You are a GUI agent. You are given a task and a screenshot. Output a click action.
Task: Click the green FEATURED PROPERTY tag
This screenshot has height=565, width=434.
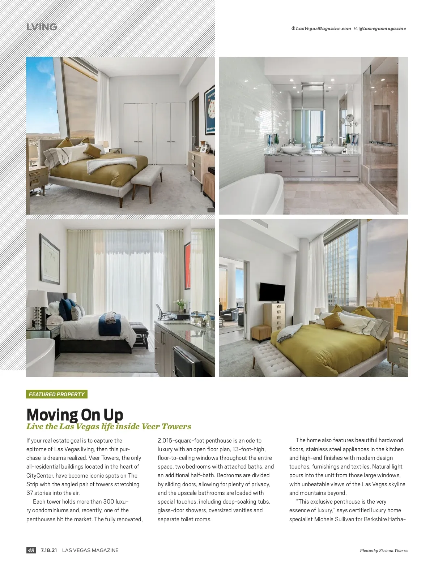[x=56, y=394]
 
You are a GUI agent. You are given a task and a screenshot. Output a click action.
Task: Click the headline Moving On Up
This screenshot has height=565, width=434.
[x=75, y=415]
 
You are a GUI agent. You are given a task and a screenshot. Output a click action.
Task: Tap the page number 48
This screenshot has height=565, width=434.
[x=31, y=550]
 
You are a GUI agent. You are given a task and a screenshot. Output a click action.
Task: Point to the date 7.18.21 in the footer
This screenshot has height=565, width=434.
[x=49, y=550]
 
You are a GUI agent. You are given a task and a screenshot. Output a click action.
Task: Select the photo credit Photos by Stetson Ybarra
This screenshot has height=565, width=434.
[x=383, y=551]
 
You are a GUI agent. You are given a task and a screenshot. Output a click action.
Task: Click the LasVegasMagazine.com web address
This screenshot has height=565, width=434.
[x=323, y=29]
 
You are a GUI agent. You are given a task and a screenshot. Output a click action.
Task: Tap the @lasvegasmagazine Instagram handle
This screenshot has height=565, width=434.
[x=382, y=29]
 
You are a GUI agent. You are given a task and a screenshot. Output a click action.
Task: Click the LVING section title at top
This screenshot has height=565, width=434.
[x=42, y=27]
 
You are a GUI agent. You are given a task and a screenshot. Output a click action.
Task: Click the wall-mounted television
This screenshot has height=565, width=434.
[x=272, y=292]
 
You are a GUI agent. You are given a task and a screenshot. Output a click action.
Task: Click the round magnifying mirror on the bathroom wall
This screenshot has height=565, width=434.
[x=349, y=118]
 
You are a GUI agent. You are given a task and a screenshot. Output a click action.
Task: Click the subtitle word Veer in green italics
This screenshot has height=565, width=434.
[x=150, y=426]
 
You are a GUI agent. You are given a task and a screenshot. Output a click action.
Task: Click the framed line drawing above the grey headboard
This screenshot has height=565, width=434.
[x=50, y=259]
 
